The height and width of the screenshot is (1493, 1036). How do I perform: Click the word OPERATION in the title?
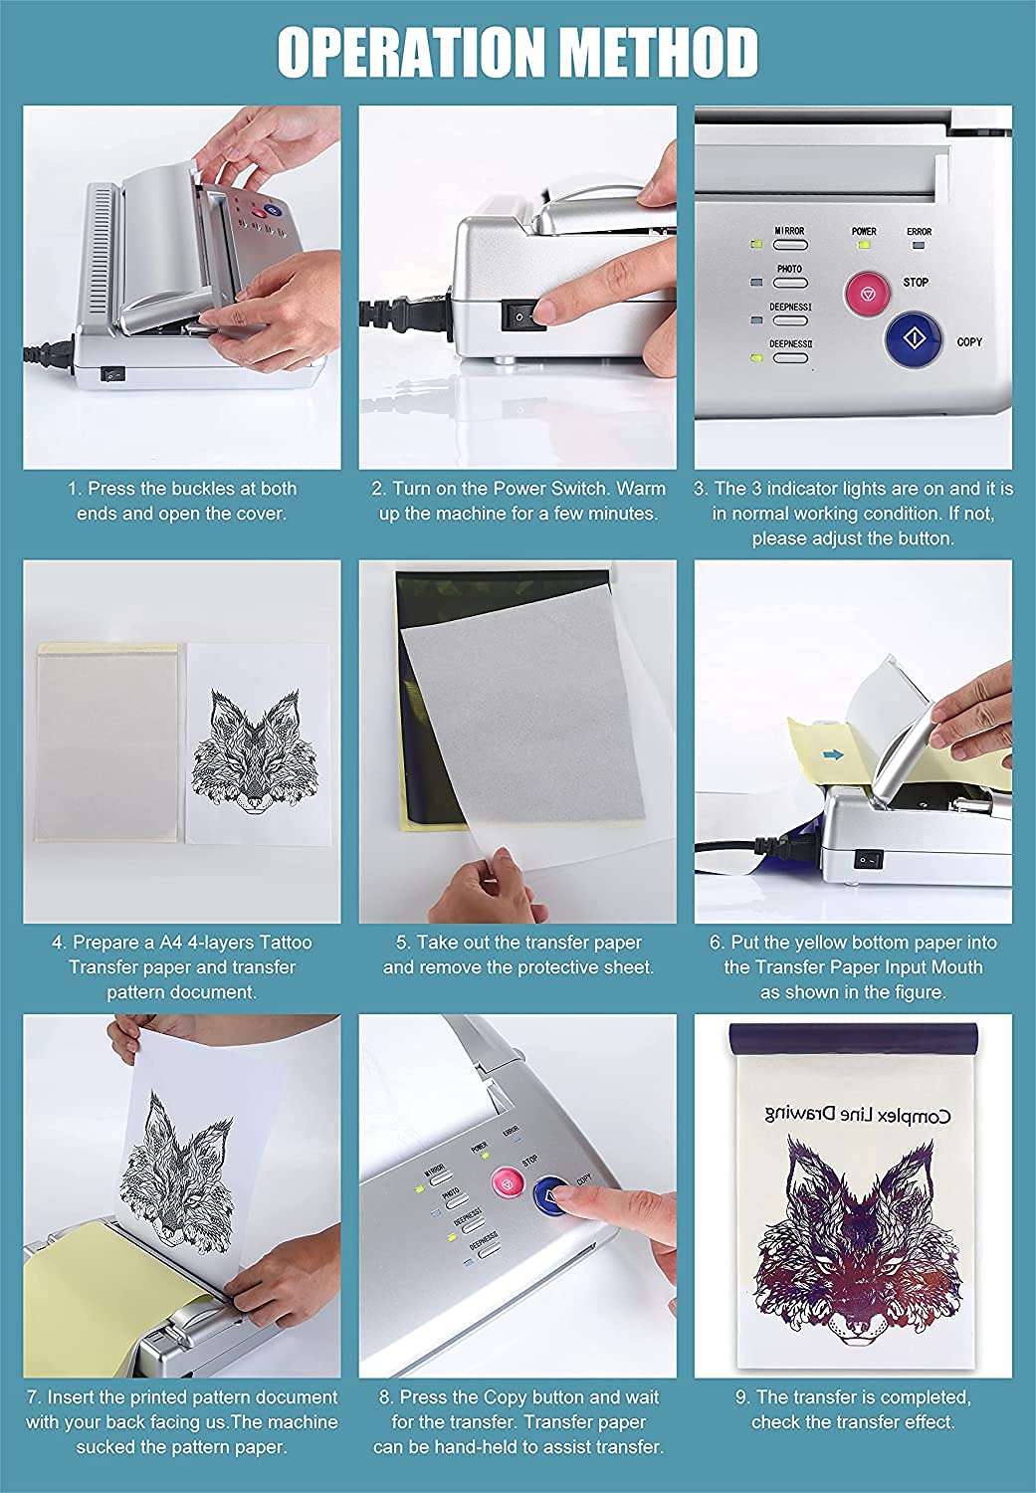[410, 53]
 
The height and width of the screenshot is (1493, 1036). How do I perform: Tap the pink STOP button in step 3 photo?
[868, 293]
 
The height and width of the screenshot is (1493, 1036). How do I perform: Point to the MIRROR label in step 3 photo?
[789, 231]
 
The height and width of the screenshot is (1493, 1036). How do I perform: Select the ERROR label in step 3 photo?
[919, 231]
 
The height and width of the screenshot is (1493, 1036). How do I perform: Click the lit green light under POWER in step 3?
[864, 245]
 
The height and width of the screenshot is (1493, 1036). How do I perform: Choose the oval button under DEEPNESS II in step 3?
[790, 358]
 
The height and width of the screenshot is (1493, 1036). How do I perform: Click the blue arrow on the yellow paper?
[833, 755]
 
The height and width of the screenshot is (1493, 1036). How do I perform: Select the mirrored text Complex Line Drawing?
[858, 1114]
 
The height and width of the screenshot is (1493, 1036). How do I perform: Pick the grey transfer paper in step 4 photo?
[106, 744]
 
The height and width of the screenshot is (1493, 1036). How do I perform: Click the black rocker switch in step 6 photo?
[868, 859]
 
